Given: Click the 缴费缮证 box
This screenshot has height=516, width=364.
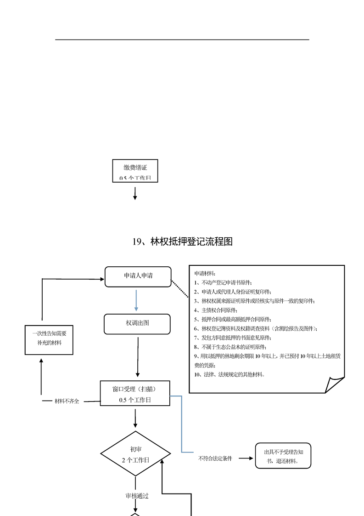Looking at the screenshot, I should coord(135,171).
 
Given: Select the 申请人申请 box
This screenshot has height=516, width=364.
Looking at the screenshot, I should coord(138,276).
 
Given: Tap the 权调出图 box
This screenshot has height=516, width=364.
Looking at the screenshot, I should coord(137,323).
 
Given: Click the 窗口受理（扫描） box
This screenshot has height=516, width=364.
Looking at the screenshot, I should coord(135,393).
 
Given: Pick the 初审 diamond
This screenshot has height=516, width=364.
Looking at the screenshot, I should coord(135,454).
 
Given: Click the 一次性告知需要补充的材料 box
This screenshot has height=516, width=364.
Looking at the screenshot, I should coord(49,338).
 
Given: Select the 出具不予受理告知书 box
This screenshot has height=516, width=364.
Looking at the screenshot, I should coord(283,455).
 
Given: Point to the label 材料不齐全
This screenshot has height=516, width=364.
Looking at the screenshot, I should coord(67,401).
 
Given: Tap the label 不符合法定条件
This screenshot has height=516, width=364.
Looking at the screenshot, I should coord(215,458).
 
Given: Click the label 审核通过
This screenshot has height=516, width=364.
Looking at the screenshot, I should coord(137,496).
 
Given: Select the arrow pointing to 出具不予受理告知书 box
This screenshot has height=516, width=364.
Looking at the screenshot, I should coord(246,458).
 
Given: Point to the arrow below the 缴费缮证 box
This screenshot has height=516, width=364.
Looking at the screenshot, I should coord(135,193).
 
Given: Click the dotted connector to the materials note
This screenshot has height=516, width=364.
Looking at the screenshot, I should coord(180,289).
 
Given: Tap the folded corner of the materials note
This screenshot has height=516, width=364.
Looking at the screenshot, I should coord(335,384).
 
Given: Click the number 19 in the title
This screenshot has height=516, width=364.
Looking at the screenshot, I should coord(136,241).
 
